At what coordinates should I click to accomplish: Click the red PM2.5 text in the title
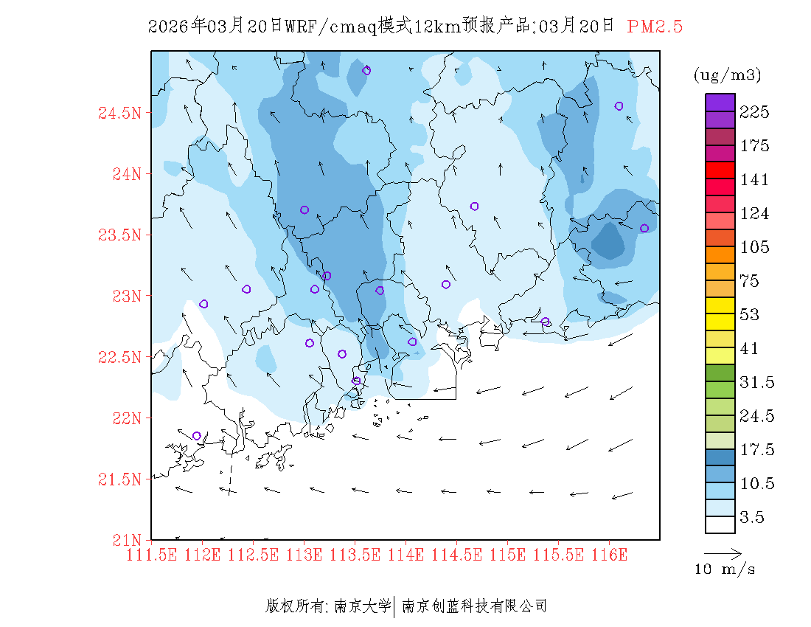pos(655,27)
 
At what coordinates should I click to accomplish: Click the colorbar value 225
pos(755,112)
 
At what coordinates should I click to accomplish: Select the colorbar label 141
pos(755,180)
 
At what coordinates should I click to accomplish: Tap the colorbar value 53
pos(751,315)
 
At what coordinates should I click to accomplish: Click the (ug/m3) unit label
pos(727,75)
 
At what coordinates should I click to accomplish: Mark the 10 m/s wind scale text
pos(725,569)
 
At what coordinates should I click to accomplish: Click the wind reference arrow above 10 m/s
pos(723,552)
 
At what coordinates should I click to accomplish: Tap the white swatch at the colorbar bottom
pos(720,524)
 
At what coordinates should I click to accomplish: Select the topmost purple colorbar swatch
pos(720,102)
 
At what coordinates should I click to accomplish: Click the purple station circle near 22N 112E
pos(196,436)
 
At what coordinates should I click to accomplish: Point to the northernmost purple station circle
pos(366,71)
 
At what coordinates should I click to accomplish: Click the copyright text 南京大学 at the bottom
pos(362,606)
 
